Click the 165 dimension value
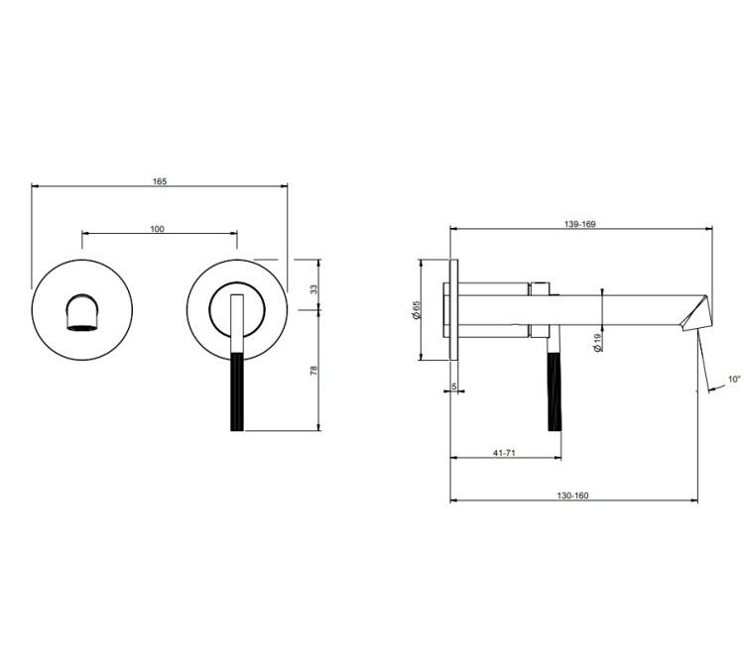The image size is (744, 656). pos(160,181)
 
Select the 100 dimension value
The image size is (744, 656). pos(157,229)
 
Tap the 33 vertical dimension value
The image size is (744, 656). pos(313,288)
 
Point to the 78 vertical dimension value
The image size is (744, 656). pos(313,371)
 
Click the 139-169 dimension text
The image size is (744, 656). pos(580,224)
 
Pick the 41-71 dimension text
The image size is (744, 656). pos(504,453)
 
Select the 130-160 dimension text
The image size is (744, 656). pos(572,495)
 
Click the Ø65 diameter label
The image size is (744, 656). pos(417,309)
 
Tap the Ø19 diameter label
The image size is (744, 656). pos(597,342)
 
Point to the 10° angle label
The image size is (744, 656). pos(734,380)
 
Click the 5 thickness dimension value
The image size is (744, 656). pos(454,386)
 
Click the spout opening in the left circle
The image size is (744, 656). pos(82,313)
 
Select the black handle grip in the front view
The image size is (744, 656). pos(238,391)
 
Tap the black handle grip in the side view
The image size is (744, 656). pos(555,391)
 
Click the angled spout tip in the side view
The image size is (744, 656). pos(694,314)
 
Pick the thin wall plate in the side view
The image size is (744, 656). pos(454,309)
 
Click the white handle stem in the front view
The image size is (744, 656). pos(237,323)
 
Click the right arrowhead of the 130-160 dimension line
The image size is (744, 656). pos(694,500)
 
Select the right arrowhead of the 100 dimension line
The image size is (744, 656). pos(233,233)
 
